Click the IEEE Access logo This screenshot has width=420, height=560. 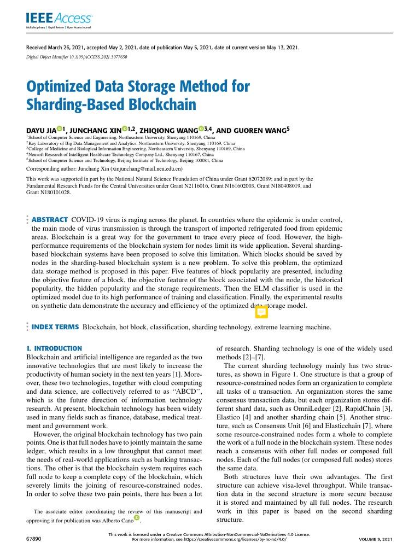[59, 20]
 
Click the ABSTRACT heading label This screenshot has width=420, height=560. [50, 219]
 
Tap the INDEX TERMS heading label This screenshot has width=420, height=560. [55, 327]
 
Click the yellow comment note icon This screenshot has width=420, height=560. [261, 312]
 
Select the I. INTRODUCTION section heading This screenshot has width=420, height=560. [54, 348]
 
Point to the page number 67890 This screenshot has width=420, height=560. [34, 539]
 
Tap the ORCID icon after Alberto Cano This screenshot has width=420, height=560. [136, 517]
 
